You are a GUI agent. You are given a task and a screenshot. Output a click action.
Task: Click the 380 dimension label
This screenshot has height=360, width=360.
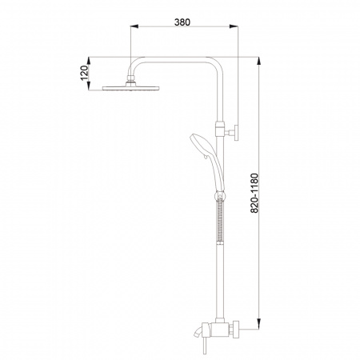(x=182, y=22)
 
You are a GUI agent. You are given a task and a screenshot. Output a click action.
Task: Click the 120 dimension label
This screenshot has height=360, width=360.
(x=84, y=73)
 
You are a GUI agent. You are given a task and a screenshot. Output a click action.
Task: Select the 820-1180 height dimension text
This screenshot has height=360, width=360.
(x=254, y=193)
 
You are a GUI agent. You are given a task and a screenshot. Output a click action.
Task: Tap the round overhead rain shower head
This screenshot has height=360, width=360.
(x=130, y=88)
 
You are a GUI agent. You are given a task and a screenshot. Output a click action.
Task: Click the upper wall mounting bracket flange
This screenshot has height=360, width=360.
(x=236, y=132)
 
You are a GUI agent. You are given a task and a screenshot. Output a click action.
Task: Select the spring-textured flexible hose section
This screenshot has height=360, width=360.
(x=220, y=220)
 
